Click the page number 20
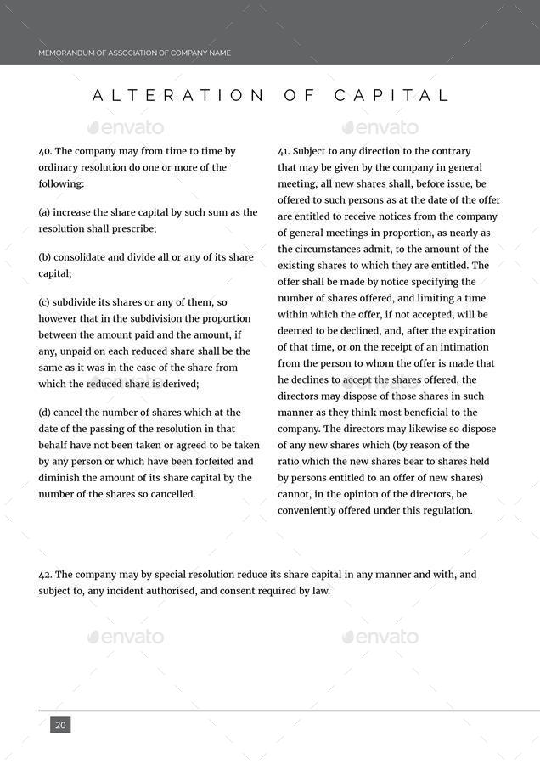pos(60,725)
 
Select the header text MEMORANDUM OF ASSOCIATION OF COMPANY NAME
pos(134,53)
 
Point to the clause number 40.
pos(45,151)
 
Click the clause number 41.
pos(284,151)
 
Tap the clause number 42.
pos(45,575)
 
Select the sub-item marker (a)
pos(45,212)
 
